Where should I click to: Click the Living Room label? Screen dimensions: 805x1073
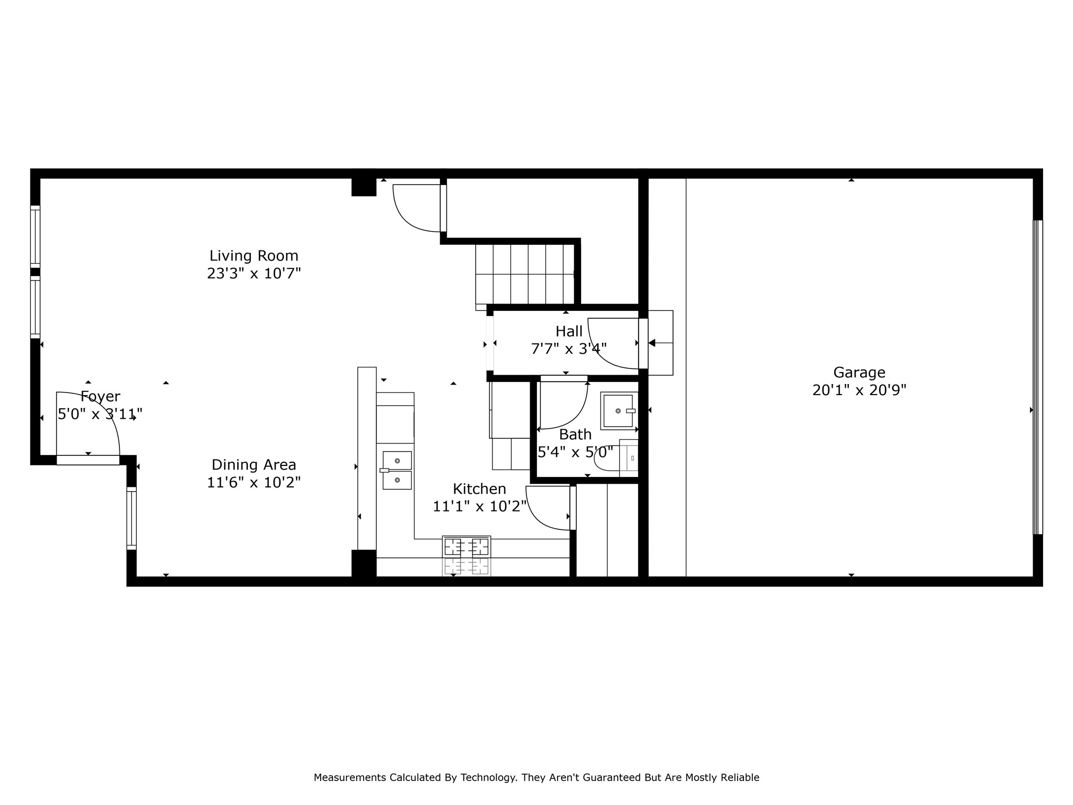click(254, 256)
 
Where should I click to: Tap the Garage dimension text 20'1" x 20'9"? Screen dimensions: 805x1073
click(859, 390)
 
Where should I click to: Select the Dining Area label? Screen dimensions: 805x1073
click(254, 465)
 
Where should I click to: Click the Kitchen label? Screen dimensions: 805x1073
click(479, 489)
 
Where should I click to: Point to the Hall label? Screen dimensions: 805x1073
click(569, 331)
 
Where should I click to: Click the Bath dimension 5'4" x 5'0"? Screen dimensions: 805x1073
click(575, 452)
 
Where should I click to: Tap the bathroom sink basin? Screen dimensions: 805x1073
click(618, 411)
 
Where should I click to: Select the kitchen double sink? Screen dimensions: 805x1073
click(397, 470)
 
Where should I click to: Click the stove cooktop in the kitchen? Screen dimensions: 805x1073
click(466, 547)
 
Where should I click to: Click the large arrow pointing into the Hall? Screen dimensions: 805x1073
click(652, 343)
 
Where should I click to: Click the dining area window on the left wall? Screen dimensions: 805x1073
click(132, 518)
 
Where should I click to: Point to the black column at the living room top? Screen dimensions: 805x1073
click(364, 187)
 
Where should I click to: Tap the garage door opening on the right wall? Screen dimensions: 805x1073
click(1037, 377)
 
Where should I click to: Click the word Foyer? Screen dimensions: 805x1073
click(100, 397)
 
